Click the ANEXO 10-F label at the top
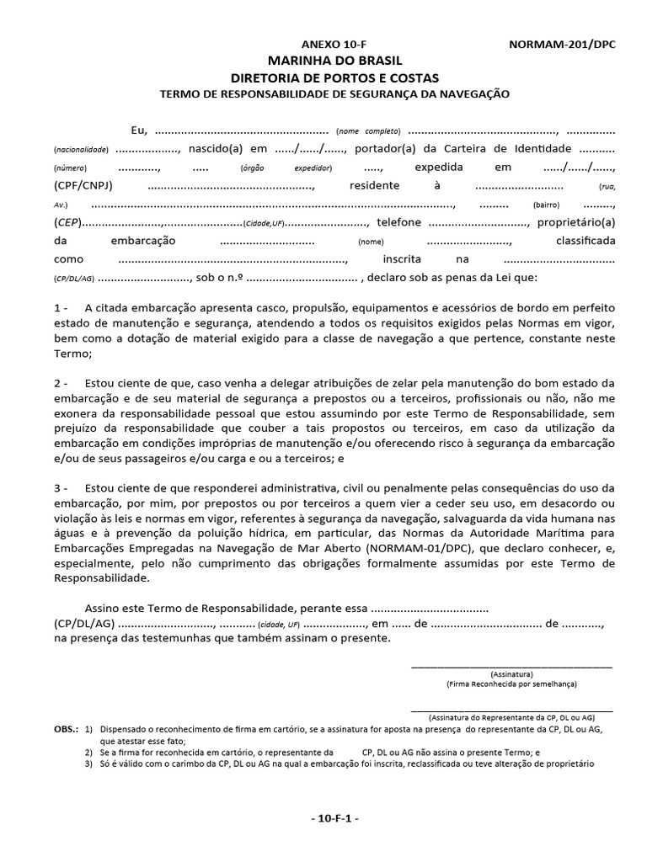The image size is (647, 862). point(334,45)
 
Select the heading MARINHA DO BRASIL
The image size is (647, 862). point(334,61)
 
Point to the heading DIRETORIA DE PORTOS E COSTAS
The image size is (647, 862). point(334,77)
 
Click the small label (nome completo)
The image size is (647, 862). point(368,131)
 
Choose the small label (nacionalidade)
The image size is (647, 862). point(81,150)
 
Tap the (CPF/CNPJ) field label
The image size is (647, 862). point(83,185)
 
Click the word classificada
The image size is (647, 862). point(586,241)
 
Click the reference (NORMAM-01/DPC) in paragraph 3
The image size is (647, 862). point(390,546)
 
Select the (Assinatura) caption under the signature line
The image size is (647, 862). point(511,674)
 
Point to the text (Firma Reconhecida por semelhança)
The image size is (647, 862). point(511,685)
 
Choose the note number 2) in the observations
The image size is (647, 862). point(88,752)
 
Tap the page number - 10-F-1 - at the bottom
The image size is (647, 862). point(334,818)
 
